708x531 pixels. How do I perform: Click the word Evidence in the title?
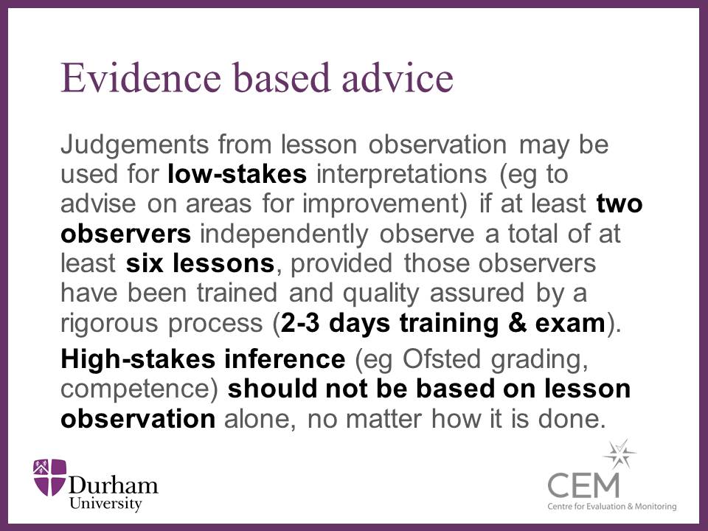[141, 77]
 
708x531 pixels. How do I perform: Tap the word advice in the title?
[398, 77]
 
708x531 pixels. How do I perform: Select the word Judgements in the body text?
[134, 145]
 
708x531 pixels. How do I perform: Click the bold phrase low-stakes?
[237, 174]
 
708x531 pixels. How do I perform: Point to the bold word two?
[619, 204]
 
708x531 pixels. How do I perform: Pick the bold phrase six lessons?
[200, 263]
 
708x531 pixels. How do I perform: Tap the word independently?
[284, 235]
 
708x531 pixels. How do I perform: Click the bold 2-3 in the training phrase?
[300, 323]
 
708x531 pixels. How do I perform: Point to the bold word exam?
[570, 323]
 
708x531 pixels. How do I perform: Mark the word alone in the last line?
[260, 419]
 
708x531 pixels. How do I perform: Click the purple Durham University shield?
[50, 477]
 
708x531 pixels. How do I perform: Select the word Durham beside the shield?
[113, 485]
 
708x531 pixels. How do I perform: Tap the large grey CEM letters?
[583, 485]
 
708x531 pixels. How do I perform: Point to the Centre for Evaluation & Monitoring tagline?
[612, 507]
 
